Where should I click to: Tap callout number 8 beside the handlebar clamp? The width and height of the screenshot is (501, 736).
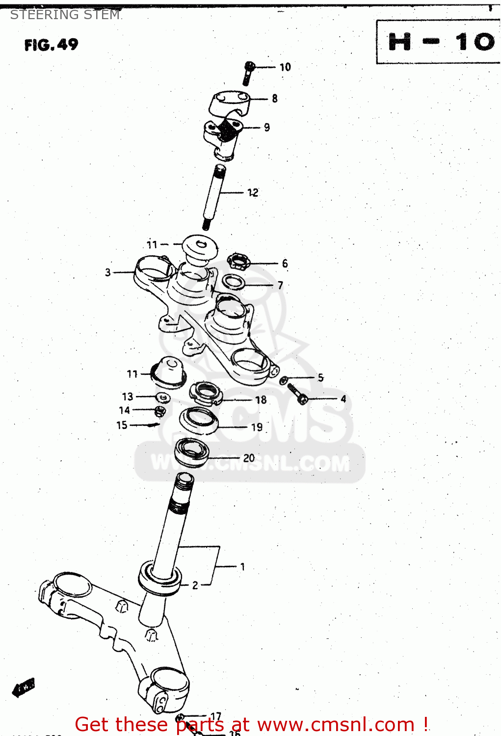[275, 99]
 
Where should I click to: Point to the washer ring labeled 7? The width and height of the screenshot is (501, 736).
[234, 282]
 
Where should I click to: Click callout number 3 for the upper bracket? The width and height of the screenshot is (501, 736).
[108, 272]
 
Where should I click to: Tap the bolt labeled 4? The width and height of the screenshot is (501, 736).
[296, 394]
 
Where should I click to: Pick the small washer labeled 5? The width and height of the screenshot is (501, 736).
[284, 380]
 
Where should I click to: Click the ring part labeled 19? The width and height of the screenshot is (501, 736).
[199, 421]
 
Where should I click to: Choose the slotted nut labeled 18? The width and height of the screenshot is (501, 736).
[206, 394]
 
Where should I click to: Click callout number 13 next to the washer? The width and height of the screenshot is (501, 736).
[128, 396]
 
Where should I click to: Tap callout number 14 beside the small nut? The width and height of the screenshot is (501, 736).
[125, 410]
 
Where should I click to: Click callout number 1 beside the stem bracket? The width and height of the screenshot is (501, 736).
[242, 567]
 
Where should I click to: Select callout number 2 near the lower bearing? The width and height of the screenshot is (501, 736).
[195, 585]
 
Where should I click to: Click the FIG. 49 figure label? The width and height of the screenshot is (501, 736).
[51, 45]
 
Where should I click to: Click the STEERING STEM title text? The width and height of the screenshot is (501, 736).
[65, 15]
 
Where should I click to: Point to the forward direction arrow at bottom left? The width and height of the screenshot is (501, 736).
[23, 688]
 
